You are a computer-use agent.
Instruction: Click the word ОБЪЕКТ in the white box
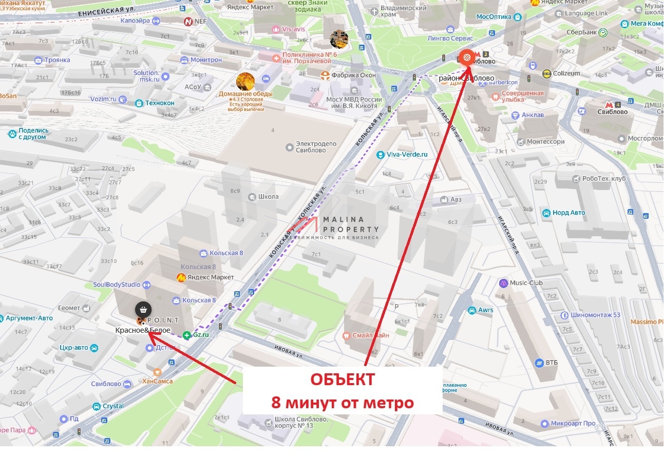pos(342,379)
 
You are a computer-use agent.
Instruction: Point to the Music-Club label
pos(526,283)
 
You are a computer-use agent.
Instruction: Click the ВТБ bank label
pos(552,363)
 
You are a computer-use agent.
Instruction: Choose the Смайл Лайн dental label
pos(370,335)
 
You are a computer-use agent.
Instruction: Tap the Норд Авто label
pos(569,213)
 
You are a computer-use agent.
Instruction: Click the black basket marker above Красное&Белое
pos(143,310)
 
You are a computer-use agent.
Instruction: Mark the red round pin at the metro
pos(466,58)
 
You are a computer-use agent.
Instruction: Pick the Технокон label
pos(159,103)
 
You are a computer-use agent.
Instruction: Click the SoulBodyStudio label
pos(117,284)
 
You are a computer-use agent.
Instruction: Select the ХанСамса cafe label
pos(158,381)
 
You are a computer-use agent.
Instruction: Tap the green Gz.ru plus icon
pos(187,334)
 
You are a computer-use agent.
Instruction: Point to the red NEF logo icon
pos(188,22)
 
